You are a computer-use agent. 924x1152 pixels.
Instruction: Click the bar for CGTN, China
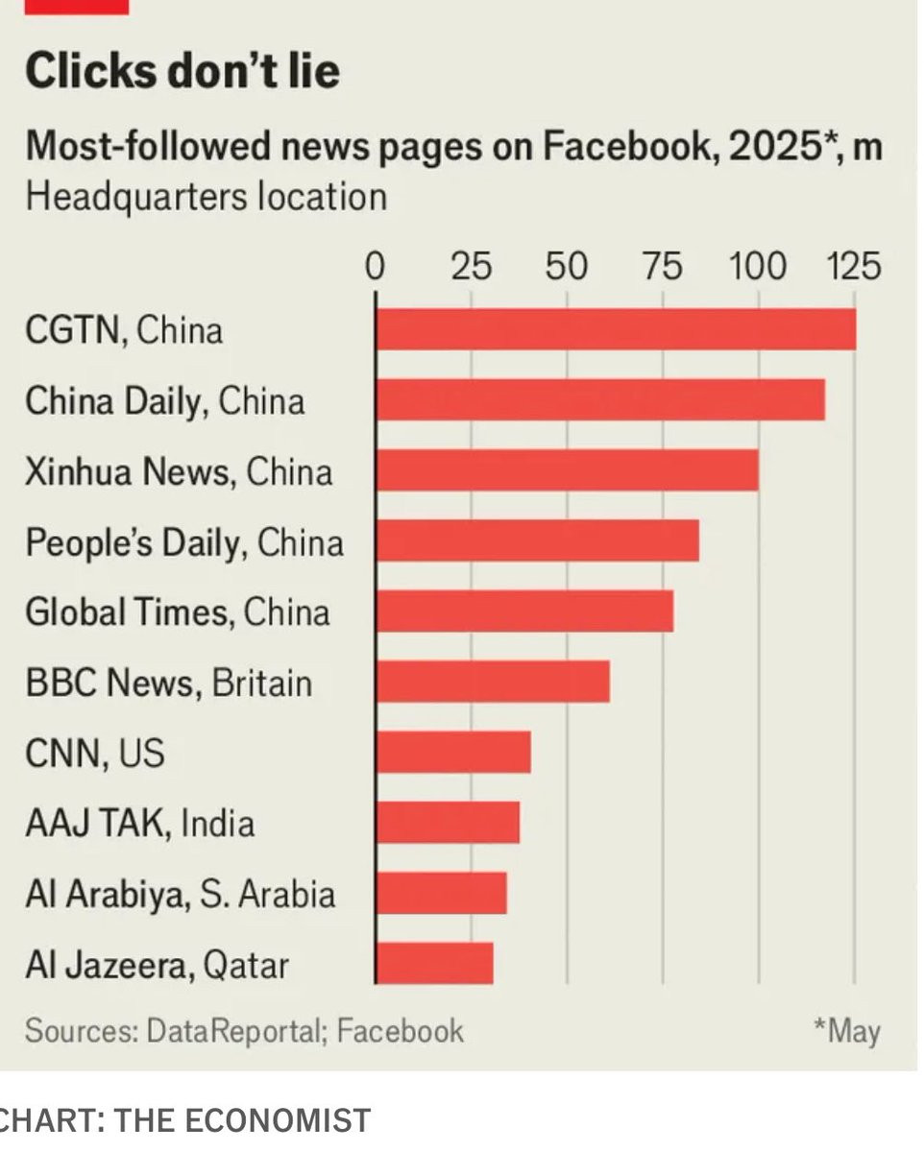[x=615, y=329]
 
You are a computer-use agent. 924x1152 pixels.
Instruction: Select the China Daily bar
[x=599, y=399]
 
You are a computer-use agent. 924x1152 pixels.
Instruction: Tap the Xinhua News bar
[x=567, y=470]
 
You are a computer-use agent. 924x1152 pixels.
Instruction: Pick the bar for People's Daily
[x=537, y=540]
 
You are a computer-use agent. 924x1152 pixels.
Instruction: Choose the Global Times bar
[x=524, y=612]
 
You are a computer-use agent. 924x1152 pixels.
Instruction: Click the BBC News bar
[x=493, y=682]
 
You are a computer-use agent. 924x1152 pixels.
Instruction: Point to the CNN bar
[x=453, y=752]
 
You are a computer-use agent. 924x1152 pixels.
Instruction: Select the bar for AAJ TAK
[x=448, y=823]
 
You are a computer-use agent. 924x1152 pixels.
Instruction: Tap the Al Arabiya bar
[x=441, y=893]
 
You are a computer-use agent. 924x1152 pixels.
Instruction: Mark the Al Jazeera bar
[x=434, y=963]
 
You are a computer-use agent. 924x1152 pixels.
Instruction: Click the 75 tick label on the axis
[x=662, y=266]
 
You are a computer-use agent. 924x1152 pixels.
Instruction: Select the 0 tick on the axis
[x=376, y=266]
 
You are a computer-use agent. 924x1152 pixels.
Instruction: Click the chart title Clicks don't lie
[x=182, y=72]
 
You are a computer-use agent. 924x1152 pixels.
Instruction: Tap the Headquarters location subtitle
[x=206, y=197]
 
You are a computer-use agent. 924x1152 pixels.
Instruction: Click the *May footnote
[x=846, y=1032]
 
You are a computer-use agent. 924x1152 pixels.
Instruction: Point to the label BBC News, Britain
[x=169, y=683]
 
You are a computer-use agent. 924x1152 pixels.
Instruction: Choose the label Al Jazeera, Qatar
[x=157, y=964]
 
